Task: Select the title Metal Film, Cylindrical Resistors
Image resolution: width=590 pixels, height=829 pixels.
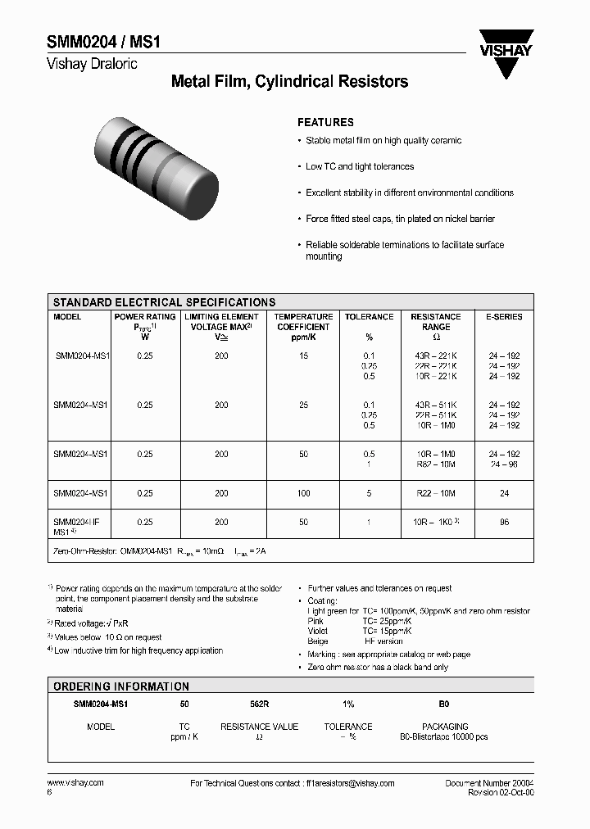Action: [x=289, y=82]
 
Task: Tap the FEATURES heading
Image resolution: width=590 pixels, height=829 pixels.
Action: [x=325, y=121]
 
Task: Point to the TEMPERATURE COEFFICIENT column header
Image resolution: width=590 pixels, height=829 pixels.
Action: [x=303, y=321]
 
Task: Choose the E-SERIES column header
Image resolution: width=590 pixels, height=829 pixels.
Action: [x=504, y=316]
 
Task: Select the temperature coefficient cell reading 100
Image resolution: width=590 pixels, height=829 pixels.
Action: [x=303, y=493]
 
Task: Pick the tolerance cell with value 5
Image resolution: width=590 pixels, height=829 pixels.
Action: [x=369, y=493]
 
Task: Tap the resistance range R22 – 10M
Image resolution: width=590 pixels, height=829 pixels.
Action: [x=436, y=493]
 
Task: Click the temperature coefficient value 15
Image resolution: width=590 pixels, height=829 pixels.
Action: [x=303, y=356]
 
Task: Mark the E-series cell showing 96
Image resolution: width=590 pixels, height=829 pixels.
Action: [x=504, y=521]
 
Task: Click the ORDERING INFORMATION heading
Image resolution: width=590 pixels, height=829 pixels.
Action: [x=121, y=686]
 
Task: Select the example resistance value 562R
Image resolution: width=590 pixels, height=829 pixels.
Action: [x=259, y=704]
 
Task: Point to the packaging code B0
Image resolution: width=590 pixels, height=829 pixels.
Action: [x=445, y=704]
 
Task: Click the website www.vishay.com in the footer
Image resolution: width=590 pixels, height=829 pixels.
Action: [x=75, y=783]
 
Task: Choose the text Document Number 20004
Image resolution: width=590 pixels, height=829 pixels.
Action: [x=489, y=783]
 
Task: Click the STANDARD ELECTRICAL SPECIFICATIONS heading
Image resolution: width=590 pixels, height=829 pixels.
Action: [x=164, y=302]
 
